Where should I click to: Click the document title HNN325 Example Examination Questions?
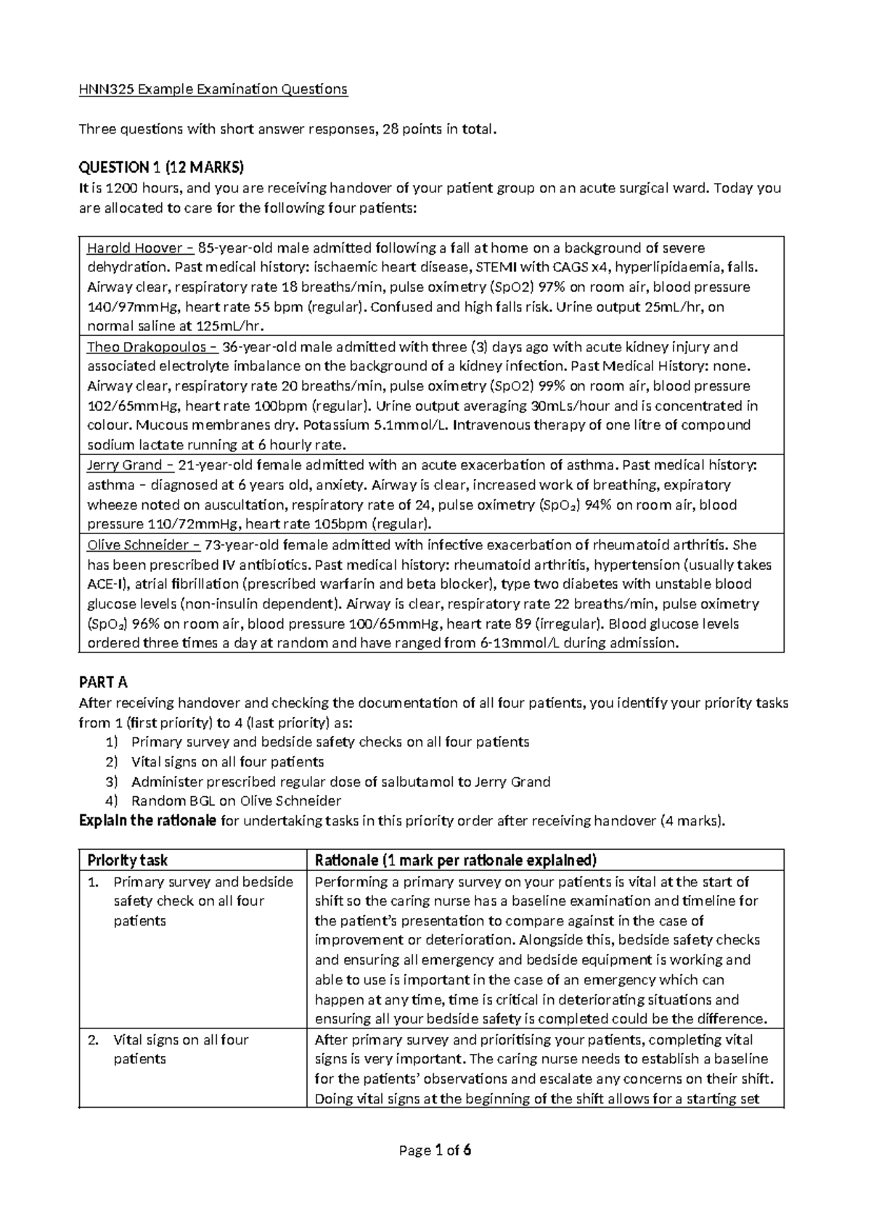(213, 90)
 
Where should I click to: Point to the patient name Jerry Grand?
(125, 465)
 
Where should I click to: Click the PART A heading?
(102, 682)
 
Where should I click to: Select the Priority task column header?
(127, 861)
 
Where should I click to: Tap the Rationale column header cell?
(455, 861)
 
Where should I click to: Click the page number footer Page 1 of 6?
(435, 1150)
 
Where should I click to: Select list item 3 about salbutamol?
(340, 782)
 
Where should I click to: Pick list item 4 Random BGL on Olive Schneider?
(236, 801)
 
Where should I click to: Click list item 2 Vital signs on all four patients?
(227, 762)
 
